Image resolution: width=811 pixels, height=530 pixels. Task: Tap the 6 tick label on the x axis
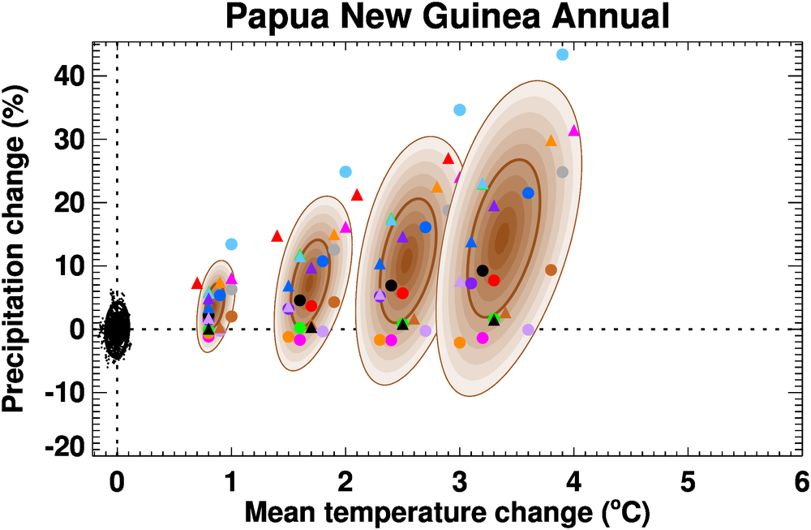801,482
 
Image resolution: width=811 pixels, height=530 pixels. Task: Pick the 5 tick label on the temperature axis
688,482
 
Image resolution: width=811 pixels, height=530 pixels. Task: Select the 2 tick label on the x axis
345,482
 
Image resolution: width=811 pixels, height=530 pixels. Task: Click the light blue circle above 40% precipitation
562,54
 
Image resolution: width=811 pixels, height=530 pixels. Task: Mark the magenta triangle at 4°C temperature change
574,131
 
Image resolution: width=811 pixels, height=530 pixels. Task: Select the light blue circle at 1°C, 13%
231,244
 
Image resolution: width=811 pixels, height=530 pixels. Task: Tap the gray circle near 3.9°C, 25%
563,172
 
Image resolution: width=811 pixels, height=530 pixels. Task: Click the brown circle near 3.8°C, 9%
551,270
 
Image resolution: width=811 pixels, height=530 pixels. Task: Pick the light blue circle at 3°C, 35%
460,110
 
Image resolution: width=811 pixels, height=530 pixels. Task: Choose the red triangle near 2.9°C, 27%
448,158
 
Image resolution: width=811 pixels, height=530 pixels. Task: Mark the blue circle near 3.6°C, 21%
528,193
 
